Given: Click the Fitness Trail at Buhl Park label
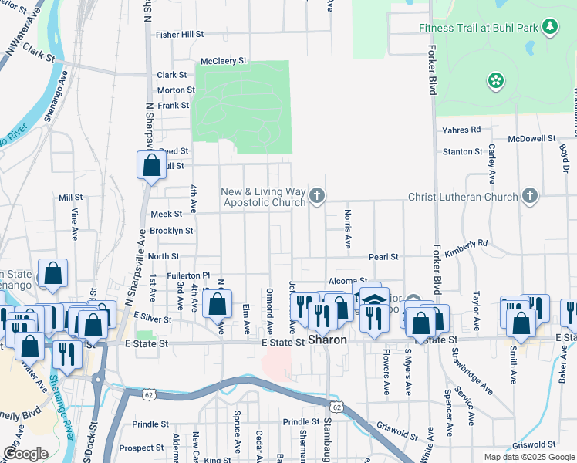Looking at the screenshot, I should tap(478, 29).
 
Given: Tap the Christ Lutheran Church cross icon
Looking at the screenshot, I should tap(529, 196).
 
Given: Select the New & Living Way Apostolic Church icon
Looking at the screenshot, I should tap(316, 197).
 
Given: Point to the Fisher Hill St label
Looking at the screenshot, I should tap(179, 35).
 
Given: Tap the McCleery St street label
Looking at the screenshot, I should tap(223, 60).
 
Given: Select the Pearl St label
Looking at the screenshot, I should tap(383, 256).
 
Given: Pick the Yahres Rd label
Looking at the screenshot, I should tap(461, 130).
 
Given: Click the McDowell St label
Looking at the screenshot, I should tap(532, 139).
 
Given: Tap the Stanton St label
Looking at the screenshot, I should tap(463, 151).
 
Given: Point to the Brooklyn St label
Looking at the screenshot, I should tap(171, 231).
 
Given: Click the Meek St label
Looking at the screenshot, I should tap(166, 214).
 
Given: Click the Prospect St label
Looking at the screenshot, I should tap(142, 448).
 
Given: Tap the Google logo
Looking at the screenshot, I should tap(25, 454).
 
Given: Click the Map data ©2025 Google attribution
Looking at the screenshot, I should tap(529, 457).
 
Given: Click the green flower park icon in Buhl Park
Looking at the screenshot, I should tap(495, 79).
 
